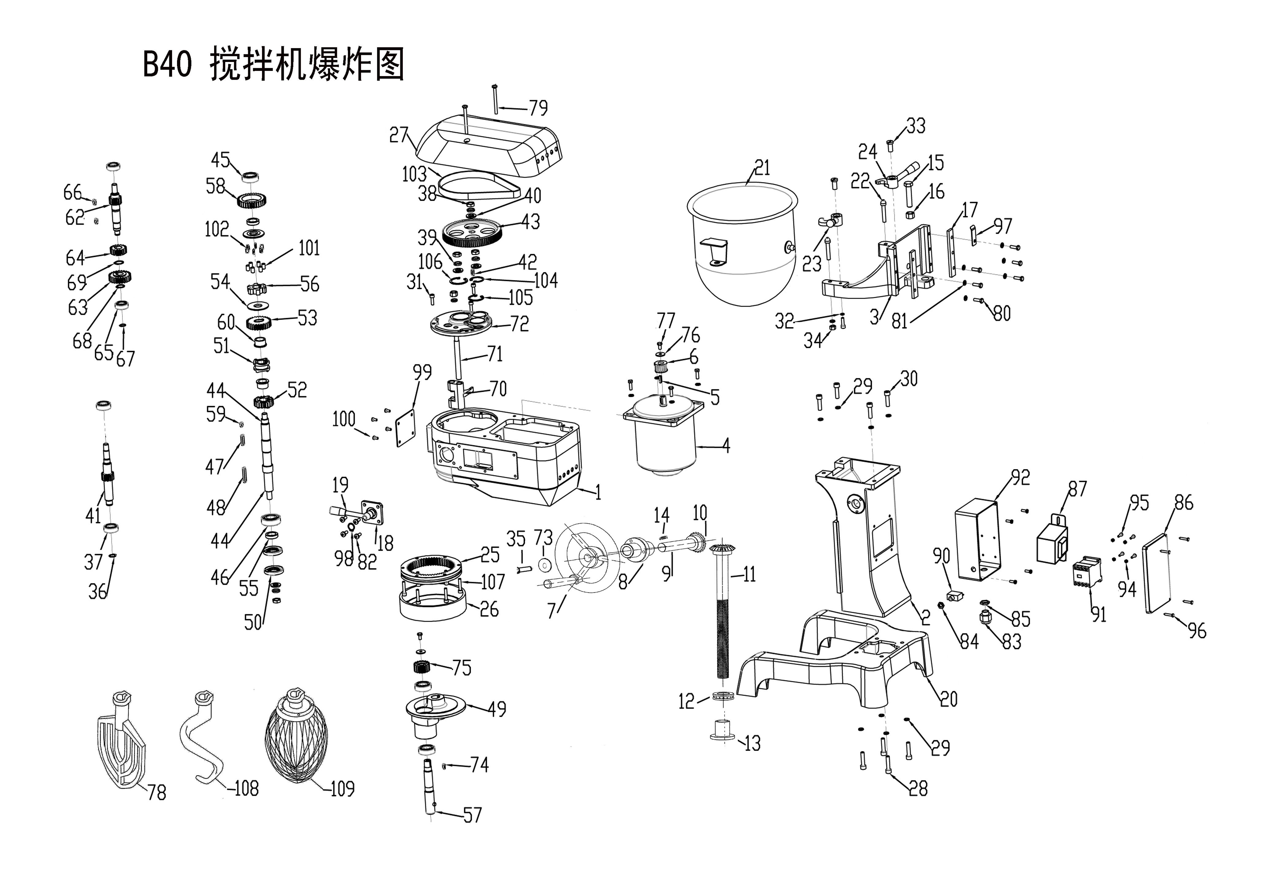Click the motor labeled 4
tap(664, 439)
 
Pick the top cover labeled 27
tap(489, 145)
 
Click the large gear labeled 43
tap(471, 233)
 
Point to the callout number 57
tap(472, 816)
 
